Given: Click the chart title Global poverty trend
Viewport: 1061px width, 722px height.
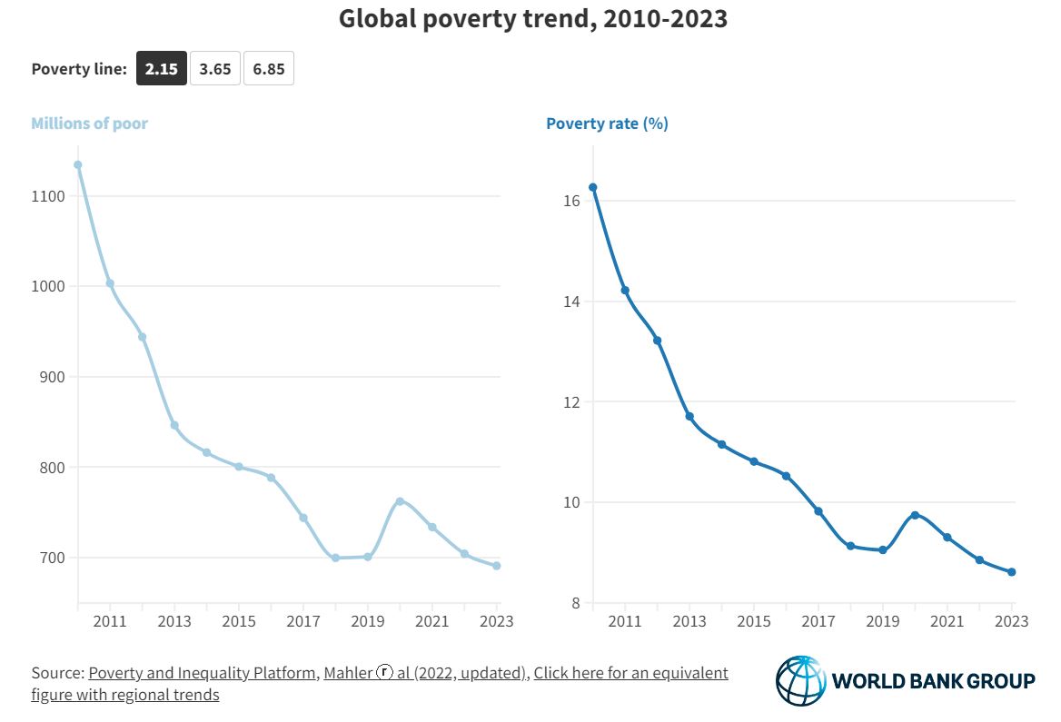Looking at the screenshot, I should (x=532, y=19).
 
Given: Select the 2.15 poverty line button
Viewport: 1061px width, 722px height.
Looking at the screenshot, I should (x=162, y=69).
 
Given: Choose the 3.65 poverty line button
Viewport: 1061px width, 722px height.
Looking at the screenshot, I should (x=215, y=69).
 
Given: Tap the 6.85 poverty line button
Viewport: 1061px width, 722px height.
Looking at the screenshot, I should (x=269, y=69).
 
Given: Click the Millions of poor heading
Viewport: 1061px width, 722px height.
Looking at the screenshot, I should (x=89, y=124).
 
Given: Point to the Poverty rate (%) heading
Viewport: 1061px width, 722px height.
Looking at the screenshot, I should (x=607, y=124).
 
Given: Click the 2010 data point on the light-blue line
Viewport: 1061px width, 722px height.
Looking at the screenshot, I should (x=78, y=165).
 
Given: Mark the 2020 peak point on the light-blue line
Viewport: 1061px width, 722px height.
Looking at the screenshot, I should (x=400, y=501).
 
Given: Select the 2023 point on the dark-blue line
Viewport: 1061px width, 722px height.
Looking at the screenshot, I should (x=1011, y=572).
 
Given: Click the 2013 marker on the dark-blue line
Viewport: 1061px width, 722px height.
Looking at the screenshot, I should (x=689, y=417).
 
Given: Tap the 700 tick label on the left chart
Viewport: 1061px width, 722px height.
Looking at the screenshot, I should (x=52, y=558).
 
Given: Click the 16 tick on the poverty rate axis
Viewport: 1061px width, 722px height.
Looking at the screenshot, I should (x=571, y=201).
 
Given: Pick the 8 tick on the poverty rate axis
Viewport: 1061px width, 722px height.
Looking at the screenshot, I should (x=575, y=603).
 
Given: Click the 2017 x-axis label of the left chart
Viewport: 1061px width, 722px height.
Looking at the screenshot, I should (x=303, y=622).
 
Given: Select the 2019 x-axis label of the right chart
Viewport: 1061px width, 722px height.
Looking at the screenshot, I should (x=882, y=622).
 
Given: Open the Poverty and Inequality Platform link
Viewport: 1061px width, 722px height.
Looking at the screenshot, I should (x=203, y=673).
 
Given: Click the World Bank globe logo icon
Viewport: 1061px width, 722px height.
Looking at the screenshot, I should (x=801, y=681).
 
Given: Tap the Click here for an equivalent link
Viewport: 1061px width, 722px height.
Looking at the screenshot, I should (x=630, y=673).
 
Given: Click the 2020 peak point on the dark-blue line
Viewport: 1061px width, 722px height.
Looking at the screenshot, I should (x=915, y=515).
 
